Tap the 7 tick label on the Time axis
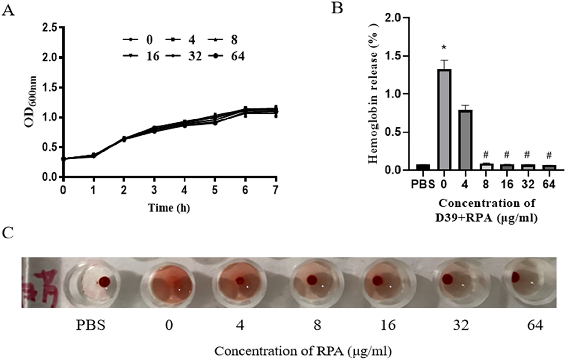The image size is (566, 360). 275,190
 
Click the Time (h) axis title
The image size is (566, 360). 169,208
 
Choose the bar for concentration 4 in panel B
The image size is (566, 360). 465,140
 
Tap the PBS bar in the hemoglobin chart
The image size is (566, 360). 423,167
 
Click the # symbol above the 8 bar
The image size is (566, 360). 486,155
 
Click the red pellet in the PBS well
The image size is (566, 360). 104,282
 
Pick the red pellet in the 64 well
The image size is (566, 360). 515,277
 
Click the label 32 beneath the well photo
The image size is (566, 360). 461,325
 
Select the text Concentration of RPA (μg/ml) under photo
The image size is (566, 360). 303,350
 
